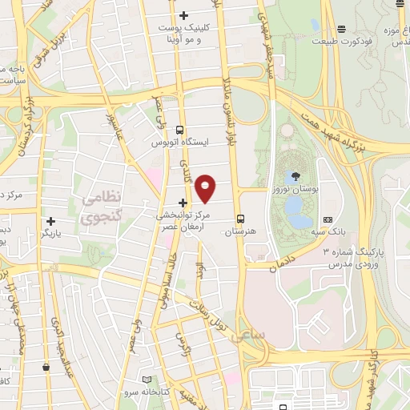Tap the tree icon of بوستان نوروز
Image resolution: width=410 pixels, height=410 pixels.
(x=297, y=176)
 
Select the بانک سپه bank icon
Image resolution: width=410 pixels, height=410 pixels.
(x=327, y=219)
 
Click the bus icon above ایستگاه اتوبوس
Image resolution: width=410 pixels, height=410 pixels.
(x=179, y=129)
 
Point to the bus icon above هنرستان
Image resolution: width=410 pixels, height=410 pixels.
(x=240, y=219)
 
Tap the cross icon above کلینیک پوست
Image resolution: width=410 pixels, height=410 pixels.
(x=184, y=15)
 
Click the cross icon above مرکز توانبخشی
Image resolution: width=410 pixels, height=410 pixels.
(x=184, y=203)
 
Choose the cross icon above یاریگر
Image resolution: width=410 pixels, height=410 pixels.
(x=51, y=220)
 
